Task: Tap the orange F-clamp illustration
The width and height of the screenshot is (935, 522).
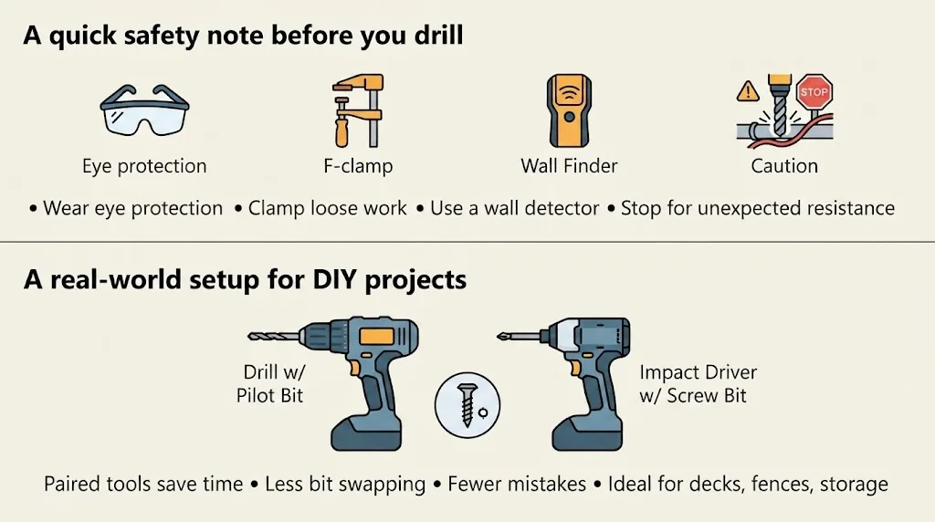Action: point(358,110)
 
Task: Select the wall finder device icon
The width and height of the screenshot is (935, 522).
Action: point(569,110)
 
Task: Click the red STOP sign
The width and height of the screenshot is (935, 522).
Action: point(814,92)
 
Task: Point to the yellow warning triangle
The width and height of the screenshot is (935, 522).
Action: point(748,92)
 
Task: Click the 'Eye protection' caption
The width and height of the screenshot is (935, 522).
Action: point(144,166)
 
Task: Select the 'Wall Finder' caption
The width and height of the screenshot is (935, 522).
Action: point(569,166)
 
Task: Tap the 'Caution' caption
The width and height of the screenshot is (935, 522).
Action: point(784,166)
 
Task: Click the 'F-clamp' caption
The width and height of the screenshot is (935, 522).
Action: point(358,166)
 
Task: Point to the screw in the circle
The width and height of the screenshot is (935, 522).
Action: point(467,404)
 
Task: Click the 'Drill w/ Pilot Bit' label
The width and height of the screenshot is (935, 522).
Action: point(270,384)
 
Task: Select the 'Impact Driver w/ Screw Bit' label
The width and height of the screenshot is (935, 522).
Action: point(699,384)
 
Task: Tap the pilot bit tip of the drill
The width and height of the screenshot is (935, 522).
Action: point(249,337)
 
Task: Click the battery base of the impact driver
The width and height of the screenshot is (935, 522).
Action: point(587,433)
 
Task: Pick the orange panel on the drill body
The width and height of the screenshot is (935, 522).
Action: point(376,336)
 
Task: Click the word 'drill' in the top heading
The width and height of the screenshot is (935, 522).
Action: point(438,35)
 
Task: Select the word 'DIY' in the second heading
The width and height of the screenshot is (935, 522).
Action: point(334,279)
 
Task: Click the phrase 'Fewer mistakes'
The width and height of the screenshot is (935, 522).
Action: point(517,484)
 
